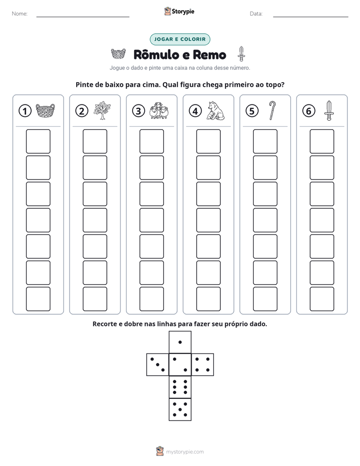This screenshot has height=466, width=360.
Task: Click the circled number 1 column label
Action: tap(25, 111)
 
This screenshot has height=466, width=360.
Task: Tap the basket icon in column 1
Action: tap(45, 111)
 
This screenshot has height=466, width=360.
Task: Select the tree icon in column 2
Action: tap(102, 110)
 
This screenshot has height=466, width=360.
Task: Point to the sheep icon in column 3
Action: tap(159, 110)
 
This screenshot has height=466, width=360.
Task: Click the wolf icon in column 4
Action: tap(215, 110)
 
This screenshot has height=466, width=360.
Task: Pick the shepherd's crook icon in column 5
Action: tap(272, 110)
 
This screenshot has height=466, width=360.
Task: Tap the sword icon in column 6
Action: tap(329, 110)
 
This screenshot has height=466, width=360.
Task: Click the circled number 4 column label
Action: tap(195, 111)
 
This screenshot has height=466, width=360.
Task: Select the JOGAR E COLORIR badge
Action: tap(180, 39)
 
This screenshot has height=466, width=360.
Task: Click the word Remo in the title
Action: tap(210, 54)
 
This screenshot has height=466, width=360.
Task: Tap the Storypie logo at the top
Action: tap(179, 11)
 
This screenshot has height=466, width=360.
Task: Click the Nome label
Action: tap(20, 14)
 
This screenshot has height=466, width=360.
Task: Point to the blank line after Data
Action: tap(311, 17)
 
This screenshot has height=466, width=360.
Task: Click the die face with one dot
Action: tap(180, 342)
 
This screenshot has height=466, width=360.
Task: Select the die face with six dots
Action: tap(180, 387)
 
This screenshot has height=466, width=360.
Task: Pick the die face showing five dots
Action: tap(180, 410)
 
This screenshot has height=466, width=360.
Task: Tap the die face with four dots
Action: tap(203, 365)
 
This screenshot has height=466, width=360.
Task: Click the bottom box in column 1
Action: tap(38, 299)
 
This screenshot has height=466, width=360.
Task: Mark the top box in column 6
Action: tap(322, 141)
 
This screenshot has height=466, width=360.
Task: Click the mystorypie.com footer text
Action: tap(185, 452)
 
